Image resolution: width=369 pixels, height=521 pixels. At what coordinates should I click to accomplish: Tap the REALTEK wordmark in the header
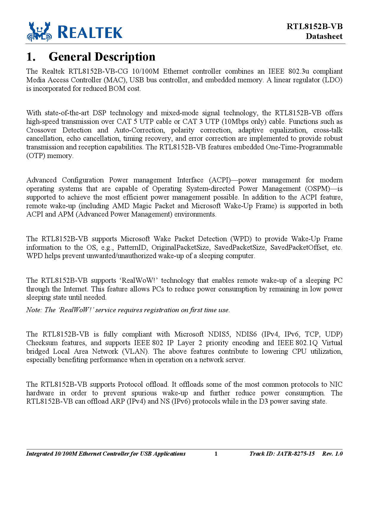(x=90, y=32)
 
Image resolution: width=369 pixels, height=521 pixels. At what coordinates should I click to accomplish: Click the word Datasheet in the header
(x=324, y=36)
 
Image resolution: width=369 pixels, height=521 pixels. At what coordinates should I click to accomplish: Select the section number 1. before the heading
(x=31, y=57)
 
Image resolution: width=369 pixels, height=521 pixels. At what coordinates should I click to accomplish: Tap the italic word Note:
(x=34, y=310)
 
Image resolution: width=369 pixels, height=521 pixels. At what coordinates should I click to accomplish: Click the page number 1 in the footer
(x=216, y=454)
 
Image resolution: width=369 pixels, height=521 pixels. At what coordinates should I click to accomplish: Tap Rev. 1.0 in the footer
(x=332, y=454)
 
